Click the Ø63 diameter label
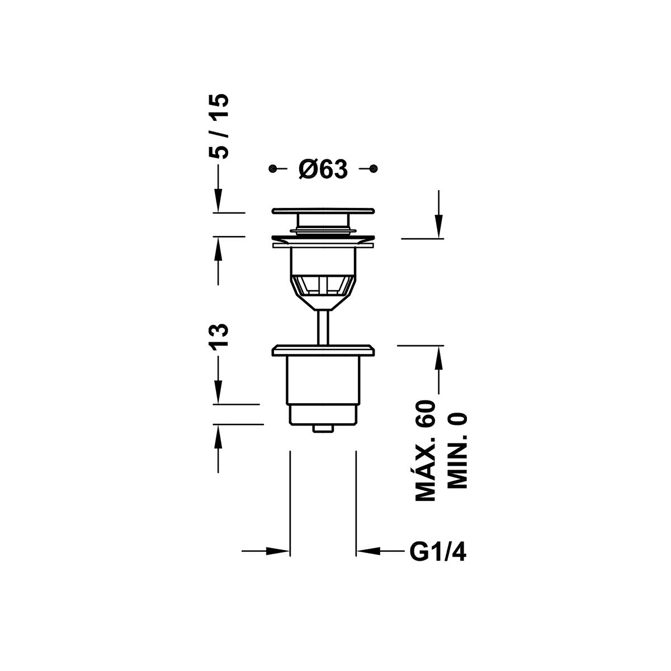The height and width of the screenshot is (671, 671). click(x=323, y=169)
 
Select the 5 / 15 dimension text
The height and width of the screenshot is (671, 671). click(x=219, y=126)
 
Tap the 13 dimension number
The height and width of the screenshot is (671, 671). click(x=218, y=335)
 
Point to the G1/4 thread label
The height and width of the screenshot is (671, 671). click(x=438, y=552)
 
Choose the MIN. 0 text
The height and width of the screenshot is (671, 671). click(x=456, y=451)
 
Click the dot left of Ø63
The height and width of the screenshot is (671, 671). click(x=272, y=168)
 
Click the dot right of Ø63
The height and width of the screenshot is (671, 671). click(x=374, y=168)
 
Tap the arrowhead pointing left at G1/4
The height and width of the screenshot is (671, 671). click(x=368, y=551)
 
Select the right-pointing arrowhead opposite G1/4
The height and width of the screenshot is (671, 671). click(x=277, y=551)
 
